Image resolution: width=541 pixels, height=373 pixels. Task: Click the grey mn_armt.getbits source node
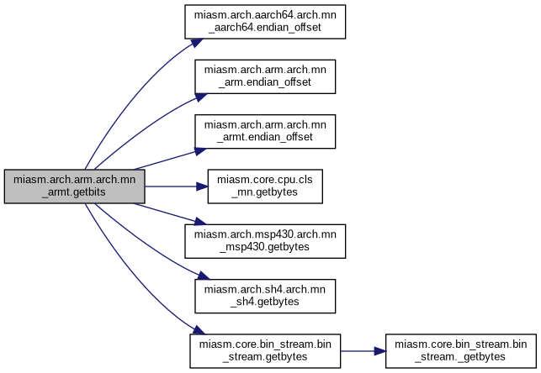[x=75, y=186]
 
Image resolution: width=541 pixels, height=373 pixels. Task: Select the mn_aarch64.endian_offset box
[x=266, y=23]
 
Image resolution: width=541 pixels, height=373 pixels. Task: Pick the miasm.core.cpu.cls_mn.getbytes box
[x=266, y=185]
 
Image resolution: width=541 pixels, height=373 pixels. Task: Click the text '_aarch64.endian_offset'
[x=266, y=29]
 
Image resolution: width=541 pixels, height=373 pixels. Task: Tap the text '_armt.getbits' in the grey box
[x=75, y=192]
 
